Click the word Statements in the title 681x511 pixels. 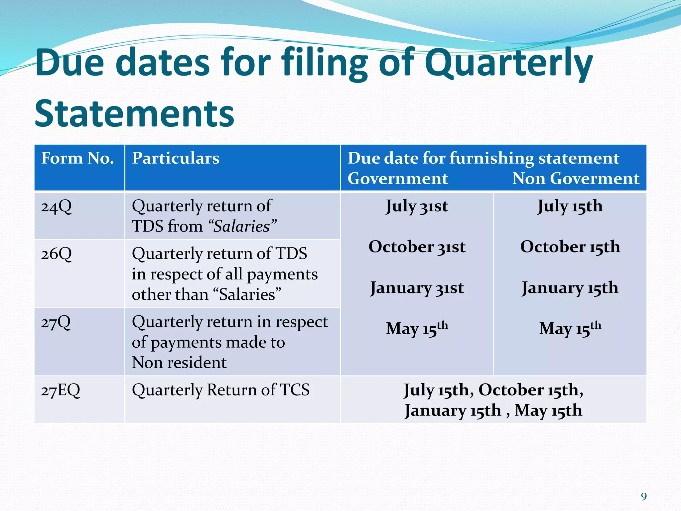(x=134, y=114)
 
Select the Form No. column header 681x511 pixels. (x=77, y=158)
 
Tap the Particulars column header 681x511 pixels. (x=176, y=158)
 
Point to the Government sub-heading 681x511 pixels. (x=398, y=179)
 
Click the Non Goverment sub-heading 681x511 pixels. (x=576, y=179)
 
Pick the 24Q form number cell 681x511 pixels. (x=57, y=207)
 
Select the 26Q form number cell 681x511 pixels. (x=57, y=254)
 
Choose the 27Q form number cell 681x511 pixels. (x=56, y=322)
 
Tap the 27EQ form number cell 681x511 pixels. (x=61, y=390)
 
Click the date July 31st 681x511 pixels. (x=417, y=206)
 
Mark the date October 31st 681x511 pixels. (x=417, y=247)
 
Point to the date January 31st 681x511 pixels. (x=417, y=288)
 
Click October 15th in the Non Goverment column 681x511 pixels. (x=570, y=247)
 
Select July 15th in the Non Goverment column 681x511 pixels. (x=570, y=206)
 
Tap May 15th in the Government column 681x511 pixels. (x=417, y=329)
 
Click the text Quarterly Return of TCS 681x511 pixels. (x=220, y=390)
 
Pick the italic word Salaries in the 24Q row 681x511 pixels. (x=241, y=227)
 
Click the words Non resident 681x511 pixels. (x=179, y=363)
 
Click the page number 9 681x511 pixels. (x=644, y=497)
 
